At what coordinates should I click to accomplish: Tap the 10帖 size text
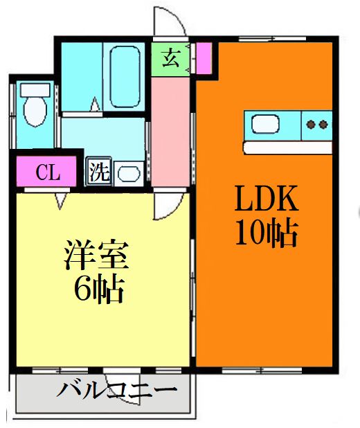[267, 234]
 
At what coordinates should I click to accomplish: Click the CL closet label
[47, 172]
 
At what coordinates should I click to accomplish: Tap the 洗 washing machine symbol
[99, 172]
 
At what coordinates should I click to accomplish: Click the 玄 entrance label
[171, 58]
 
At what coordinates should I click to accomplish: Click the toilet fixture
[33, 111]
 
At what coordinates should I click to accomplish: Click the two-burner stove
[317, 125]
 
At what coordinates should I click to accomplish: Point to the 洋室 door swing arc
[165, 205]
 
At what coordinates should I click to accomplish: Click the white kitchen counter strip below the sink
[287, 148]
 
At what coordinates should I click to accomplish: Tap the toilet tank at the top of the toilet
[32, 90]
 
